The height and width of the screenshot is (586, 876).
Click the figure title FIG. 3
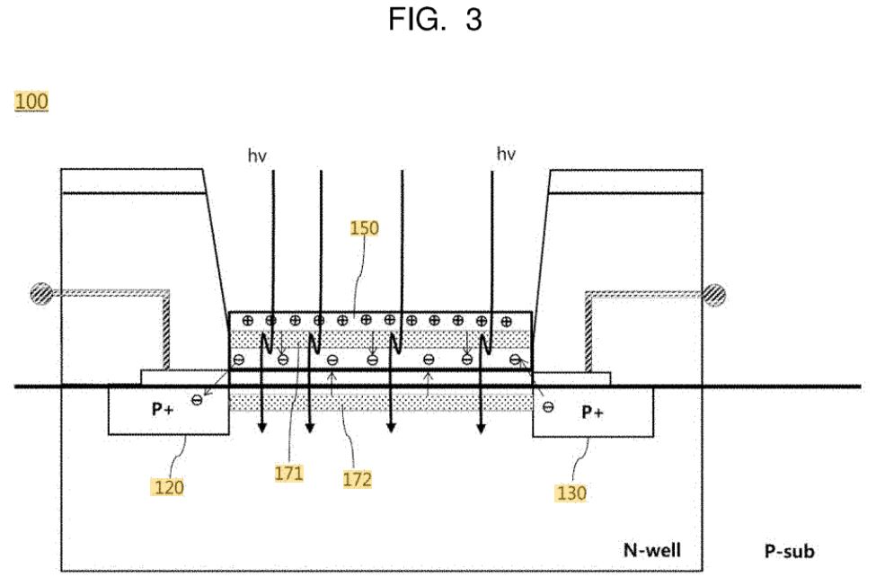(x=435, y=20)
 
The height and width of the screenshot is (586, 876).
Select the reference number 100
(x=31, y=102)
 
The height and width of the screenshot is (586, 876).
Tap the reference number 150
(x=364, y=228)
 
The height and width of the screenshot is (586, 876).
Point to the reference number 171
(x=288, y=474)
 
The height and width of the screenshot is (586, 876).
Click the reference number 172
(x=358, y=479)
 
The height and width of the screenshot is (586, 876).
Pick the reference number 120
(x=169, y=488)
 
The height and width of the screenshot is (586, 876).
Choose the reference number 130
(x=571, y=493)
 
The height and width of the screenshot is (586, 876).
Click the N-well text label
(x=652, y=550)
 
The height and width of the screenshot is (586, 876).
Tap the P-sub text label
(x=790, y=551)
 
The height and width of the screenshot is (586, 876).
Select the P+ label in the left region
(x=163, y=410)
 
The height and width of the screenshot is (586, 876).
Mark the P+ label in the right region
(x=592, y=413)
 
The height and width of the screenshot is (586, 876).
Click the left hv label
(x=257, y=155)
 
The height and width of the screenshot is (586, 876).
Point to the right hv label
(x=506, y=154)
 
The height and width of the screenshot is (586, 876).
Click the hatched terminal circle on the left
(x=41, y=293)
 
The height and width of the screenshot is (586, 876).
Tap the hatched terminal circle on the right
(x=714, y=295)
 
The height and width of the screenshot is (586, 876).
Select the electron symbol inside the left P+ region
(x=197, y=400)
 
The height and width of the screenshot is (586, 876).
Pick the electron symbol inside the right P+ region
(x=548, y=407)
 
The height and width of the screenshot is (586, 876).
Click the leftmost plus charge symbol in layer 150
(x=248, y=321)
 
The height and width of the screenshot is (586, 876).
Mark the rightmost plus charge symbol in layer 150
(x=506, y=321)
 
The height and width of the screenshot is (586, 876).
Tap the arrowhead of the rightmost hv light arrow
(x=481, y=429)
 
